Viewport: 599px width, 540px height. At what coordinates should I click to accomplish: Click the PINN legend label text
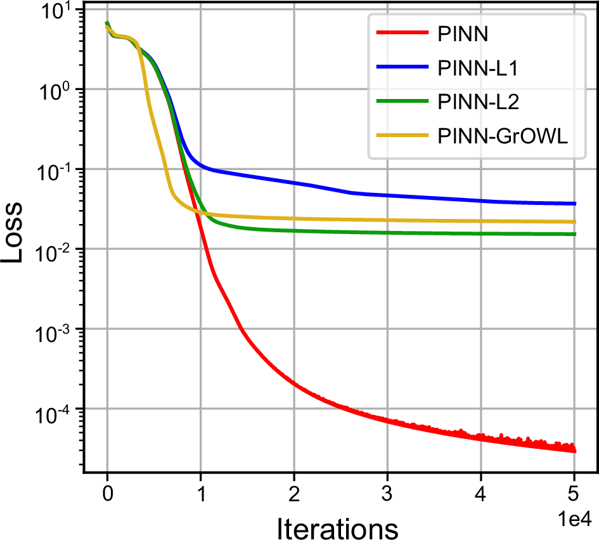[463, 34]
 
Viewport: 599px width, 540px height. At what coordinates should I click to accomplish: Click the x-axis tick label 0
[107, 491]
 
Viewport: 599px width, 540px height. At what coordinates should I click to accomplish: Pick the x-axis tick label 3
[387, 491]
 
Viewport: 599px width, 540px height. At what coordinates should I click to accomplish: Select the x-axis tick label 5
[574, 491]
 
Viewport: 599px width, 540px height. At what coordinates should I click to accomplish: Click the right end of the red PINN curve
[574, 451]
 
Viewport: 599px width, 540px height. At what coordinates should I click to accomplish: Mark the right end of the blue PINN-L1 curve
[574, 204]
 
